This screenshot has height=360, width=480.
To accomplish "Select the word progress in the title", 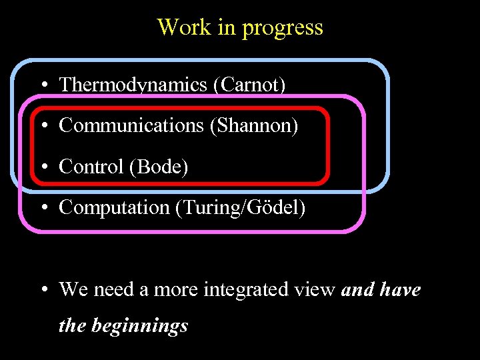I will tap(283, 28).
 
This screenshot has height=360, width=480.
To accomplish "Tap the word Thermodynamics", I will tap(133, 85).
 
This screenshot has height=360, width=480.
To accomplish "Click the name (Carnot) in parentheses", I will tap(249, 85).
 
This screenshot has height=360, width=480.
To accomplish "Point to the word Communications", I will tap(131, 125).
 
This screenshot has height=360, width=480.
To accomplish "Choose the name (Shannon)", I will tap(254, 125).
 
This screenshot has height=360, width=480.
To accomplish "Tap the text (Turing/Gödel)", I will tap(240, 208).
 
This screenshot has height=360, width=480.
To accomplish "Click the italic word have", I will tap(400, 290).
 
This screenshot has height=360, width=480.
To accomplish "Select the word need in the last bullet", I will tap(113, 290).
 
